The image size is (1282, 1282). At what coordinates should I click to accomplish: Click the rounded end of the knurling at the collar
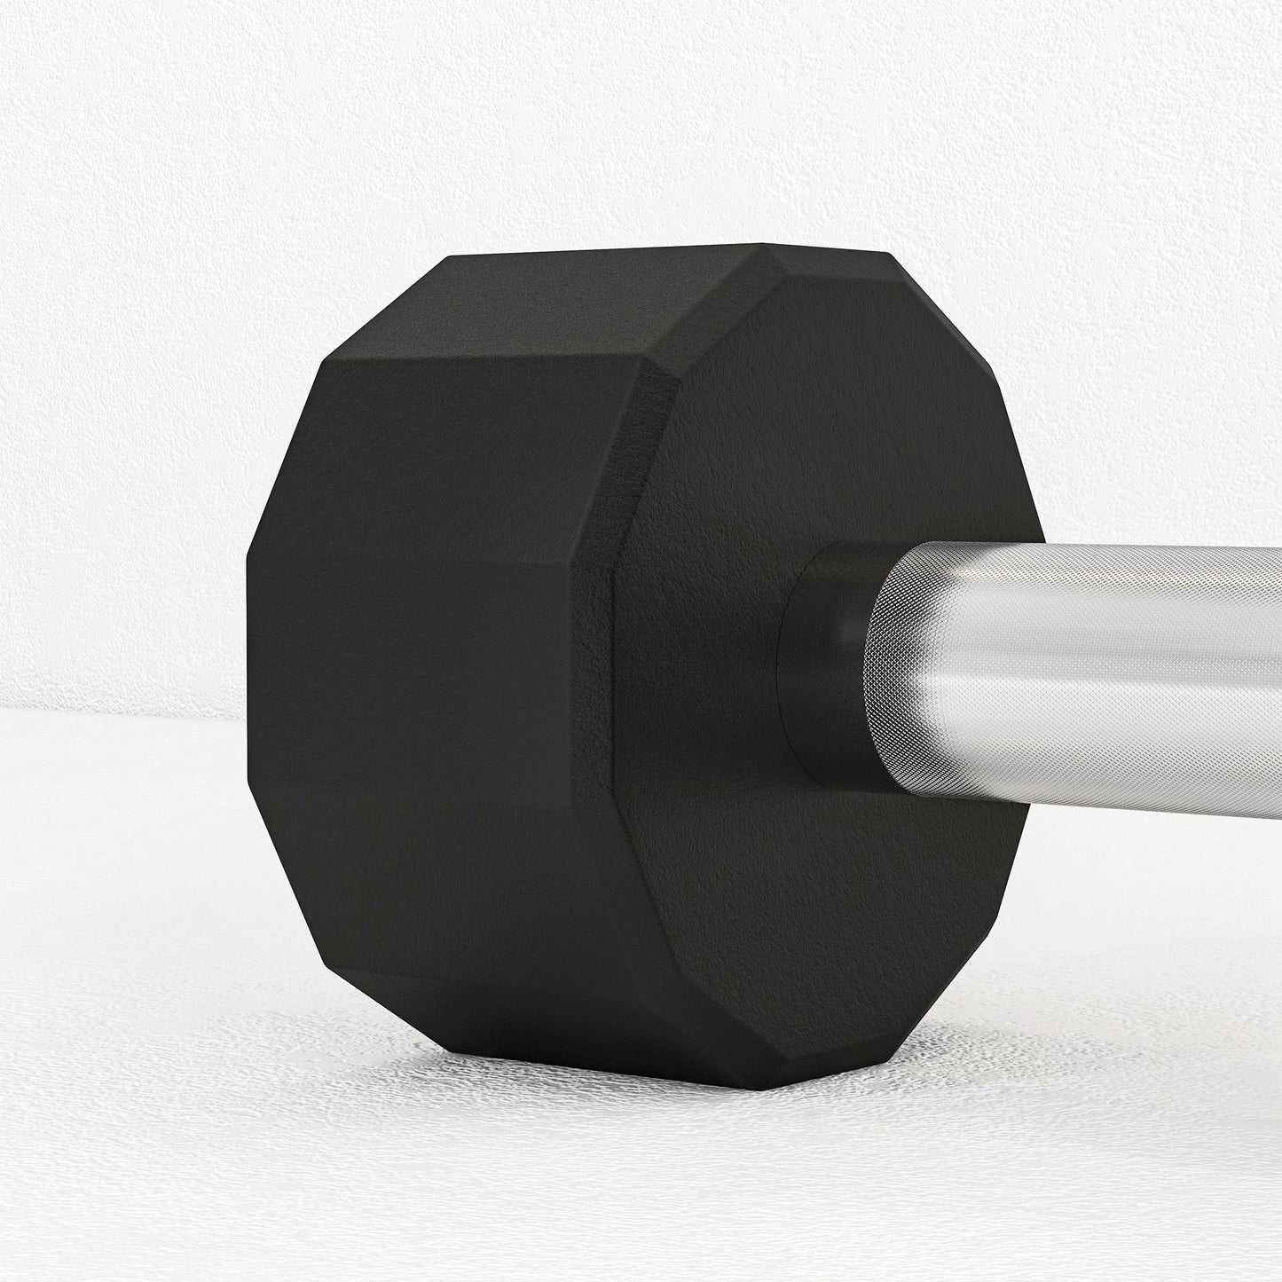click(x=878, y=674)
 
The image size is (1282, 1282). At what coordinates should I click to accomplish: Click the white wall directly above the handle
click(x=1109, y=355)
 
